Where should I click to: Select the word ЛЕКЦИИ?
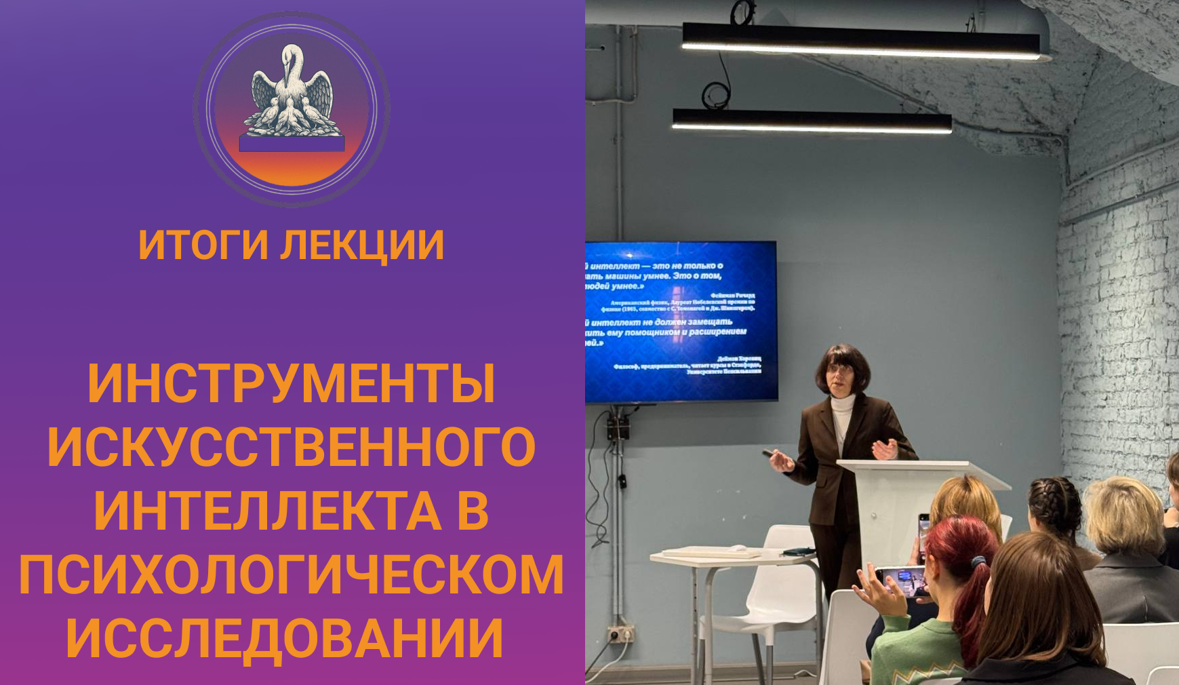tap(363, 245)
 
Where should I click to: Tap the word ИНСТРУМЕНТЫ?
tap(292, 384)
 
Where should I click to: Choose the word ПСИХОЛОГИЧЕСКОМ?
tap(292, 574)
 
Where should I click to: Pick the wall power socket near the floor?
tap(620, 633)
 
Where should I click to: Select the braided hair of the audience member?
tap(1054, 505)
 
